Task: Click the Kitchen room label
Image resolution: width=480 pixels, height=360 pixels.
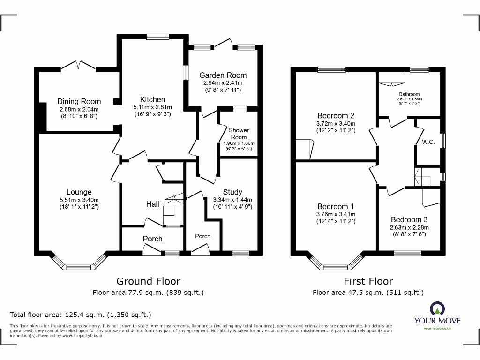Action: (x=152, y=99)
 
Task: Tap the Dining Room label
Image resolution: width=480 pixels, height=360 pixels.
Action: (x=79, y=101)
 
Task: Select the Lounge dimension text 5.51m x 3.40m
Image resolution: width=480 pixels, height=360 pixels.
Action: (x=79, y=199)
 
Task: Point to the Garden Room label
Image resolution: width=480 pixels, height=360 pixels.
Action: (x=223, y=75)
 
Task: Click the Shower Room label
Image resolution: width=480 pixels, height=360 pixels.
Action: (x=239, y=134)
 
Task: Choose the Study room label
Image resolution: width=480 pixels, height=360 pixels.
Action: (x=232, y=192)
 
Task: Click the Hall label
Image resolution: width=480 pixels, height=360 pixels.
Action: (x=152, y=204)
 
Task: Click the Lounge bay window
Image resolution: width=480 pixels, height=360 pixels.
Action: (x=79, y=265)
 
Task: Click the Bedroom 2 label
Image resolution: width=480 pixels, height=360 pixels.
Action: (x=336, y=116)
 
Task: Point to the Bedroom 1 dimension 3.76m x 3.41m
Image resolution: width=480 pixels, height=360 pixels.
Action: (x=336, y=214)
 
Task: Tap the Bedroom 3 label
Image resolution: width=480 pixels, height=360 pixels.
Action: (x=409, y=219)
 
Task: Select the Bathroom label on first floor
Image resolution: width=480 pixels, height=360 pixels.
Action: (x=409, y=94)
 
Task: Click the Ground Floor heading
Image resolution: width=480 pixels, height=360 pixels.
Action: (x=148, y=281)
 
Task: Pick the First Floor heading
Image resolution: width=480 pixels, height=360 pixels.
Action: (x=368, y=281)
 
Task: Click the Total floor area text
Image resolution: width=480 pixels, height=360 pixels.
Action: (x=81, y=315)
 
